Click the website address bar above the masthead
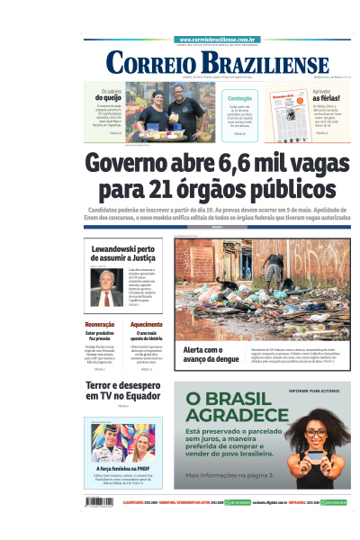pos(219,40)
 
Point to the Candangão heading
pos(239,98)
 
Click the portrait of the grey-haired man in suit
pos(105,287)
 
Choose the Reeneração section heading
pos(99,324)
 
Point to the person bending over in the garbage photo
pos(274,266)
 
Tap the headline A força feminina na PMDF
pos(122,469)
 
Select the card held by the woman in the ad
pos(315,454)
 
